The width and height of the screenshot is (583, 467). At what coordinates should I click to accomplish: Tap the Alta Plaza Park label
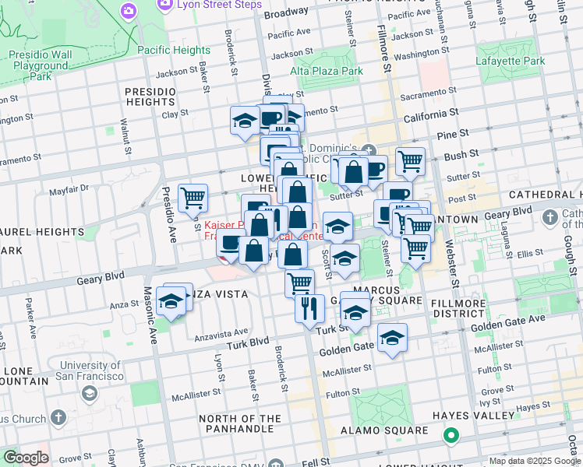point(327,71)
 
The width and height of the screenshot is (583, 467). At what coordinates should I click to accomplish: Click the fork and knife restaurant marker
point(309,307)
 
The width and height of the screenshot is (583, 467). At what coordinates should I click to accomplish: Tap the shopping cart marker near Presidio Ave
point(193,198)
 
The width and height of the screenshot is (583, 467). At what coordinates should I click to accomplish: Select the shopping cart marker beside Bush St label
point(410,161)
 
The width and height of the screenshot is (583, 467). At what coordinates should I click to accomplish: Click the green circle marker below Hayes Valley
point(450,436)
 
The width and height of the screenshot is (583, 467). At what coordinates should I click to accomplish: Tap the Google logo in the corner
point(26,458)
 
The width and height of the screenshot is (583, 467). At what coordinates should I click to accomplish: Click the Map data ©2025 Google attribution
point(534,461)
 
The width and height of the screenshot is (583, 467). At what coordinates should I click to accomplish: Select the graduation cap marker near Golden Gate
point(392,338)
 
